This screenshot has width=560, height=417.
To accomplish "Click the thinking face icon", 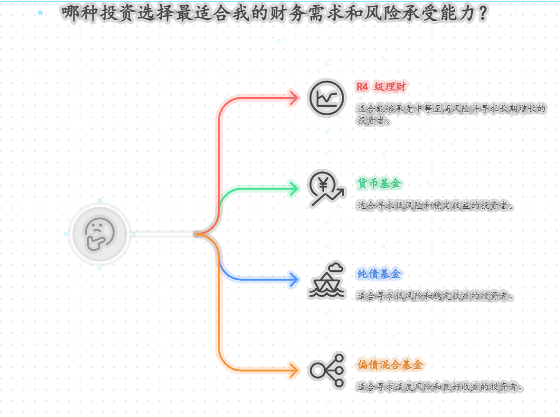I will point(99,233).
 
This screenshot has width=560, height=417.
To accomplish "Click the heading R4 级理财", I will point(381,87).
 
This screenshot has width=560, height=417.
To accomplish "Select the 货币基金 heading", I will point(379,184).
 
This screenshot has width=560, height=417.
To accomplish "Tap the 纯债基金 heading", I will point(379,274).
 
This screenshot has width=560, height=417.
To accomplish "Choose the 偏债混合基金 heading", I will point(390,365).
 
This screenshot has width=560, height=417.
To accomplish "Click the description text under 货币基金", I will point(435,206).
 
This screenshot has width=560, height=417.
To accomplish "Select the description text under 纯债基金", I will point(435,296).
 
